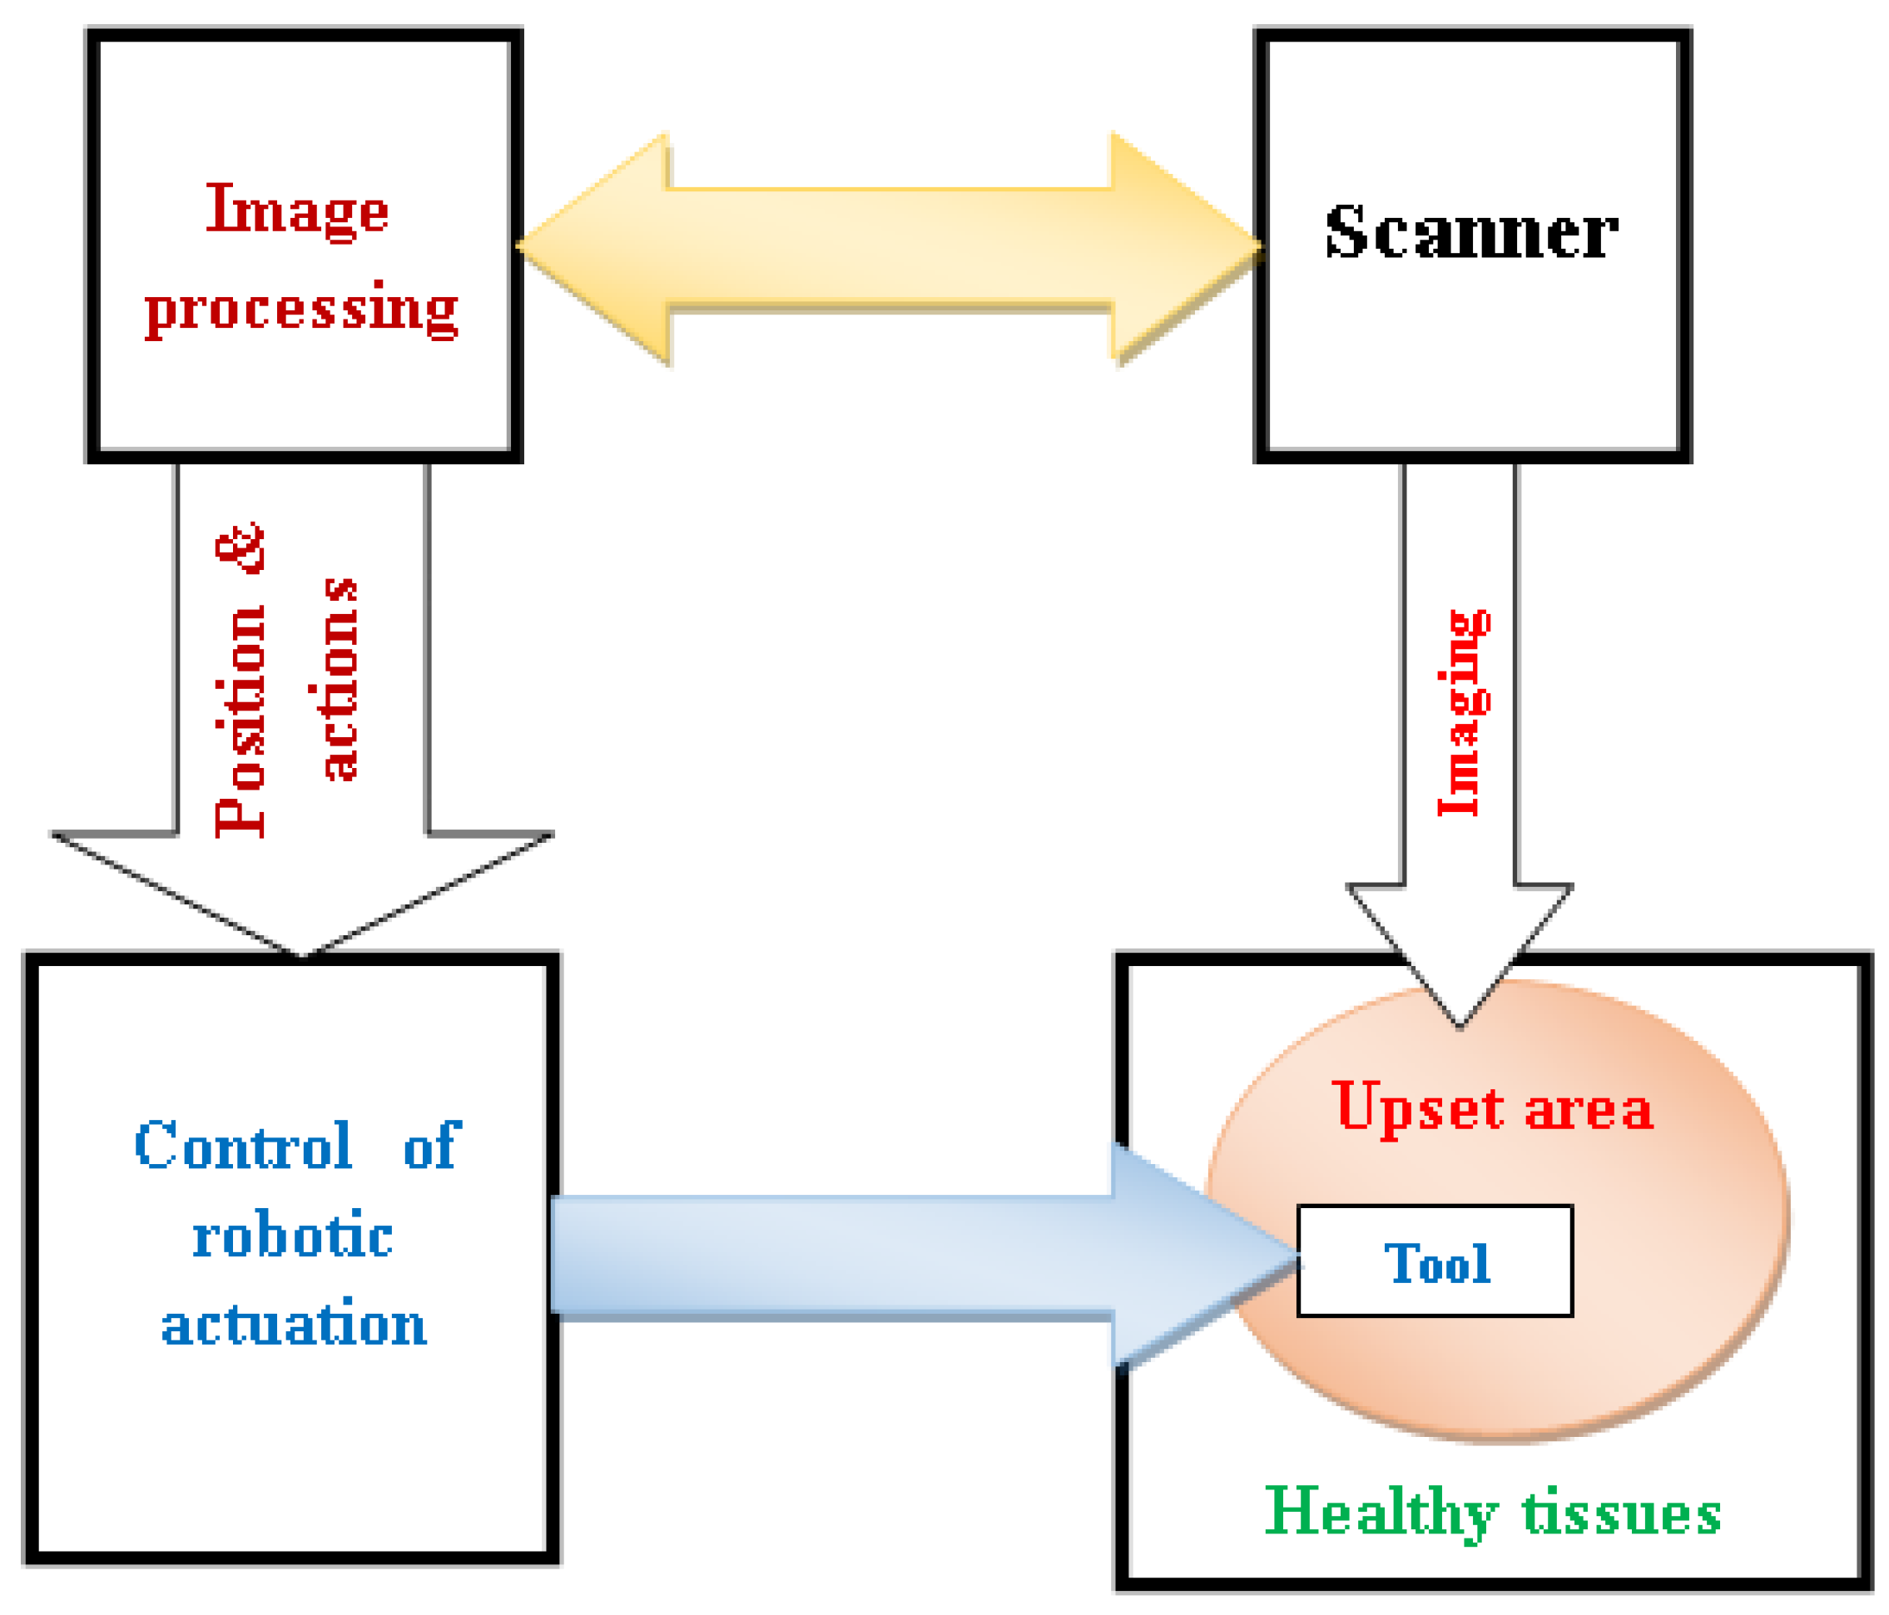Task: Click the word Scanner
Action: click(1471, 232)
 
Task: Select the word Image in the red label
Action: click(298, 211)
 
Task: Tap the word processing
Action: click(302, 310)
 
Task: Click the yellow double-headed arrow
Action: click(890, 248)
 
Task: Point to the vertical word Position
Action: click(240, 721)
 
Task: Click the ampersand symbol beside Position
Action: click(240, 547)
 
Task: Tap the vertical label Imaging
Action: click(1464, 713)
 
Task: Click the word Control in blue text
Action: click(244, 1146)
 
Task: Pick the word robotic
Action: click(293, 1235)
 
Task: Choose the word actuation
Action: click(294, 1325)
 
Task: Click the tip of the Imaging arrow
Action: click(1460, 1028)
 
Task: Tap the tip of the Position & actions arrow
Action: click(303, 957)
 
